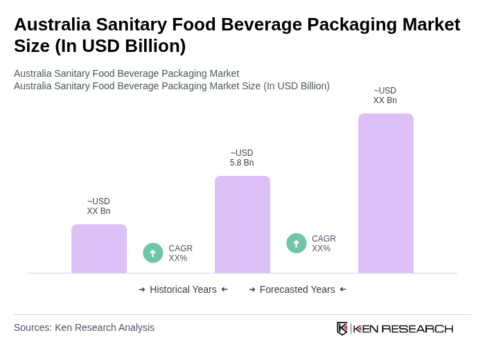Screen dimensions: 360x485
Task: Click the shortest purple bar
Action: pyautogui.click(x=99, y=249)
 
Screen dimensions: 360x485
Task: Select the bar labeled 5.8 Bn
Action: pyautogui.click(x=242, y=224)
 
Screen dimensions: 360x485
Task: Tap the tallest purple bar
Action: pyautogui.click(x=386, y=193)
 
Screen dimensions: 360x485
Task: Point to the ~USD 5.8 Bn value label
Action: pyautogui.click(x=242, y=158)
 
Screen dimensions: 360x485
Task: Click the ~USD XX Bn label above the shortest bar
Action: pyautogui.click(x=98, y=206)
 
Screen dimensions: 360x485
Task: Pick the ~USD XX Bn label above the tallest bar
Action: pyautogui.click(x=385, y=96)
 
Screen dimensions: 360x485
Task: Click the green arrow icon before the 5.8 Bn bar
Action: pyautogui.click(x=153, y=253)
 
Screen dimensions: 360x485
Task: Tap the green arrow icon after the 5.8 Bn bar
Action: pyautogui.click(x=297, y=244)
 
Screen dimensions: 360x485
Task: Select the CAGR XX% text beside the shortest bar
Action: pyautogui.click(x=181, y=253)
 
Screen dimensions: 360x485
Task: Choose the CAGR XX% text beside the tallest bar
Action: pyautogui.click(x=324, y=244)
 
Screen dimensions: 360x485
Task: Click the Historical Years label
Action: pyautogui.click(x=183, y=289)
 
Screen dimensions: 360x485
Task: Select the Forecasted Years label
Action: pyautogui.click(x=297, y=289)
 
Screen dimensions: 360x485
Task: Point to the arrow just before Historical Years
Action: pyautogui.click(x=142, y=289)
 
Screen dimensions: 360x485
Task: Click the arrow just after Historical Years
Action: pyautogui.click(x=224, y=289)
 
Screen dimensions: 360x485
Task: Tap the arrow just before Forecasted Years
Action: pyautogui.click(x=252, y=289)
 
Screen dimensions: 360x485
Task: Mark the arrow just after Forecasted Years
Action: pyautogui.click(x=343, y=289)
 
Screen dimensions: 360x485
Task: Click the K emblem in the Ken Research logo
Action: pyautogui.click(x=342, y=328)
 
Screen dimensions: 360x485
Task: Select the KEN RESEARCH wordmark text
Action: pyautogui.click(x=403, y=328)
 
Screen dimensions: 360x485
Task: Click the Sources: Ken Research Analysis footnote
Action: pyautogui.click(x=84, y=327)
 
